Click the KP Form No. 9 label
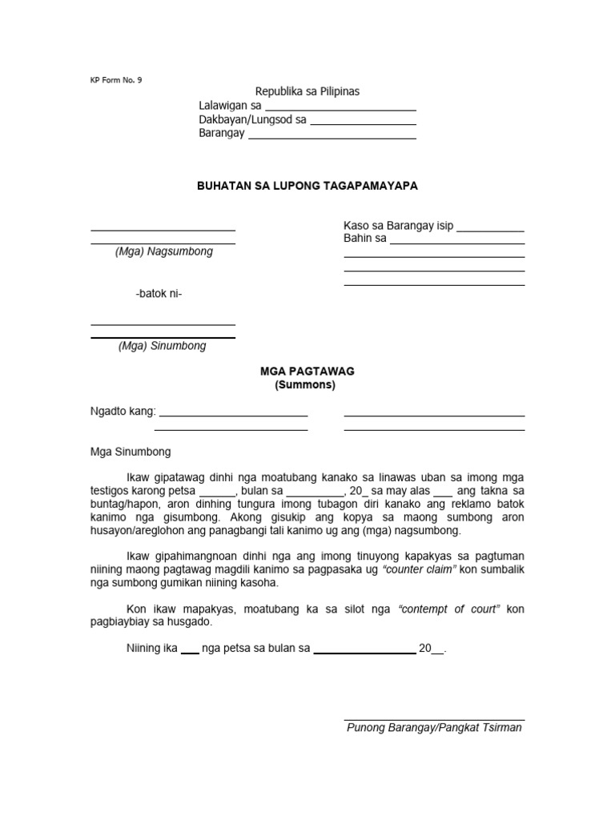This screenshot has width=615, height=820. [x=115, y=80]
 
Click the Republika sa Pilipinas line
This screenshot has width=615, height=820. [x=307, y=92]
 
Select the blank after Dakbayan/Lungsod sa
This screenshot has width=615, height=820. [x=363, y=124]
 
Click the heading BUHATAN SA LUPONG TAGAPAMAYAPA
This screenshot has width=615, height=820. [x=307, y=186]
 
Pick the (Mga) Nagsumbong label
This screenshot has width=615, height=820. [x=163, y=251]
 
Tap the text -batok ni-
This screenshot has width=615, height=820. [x=159, y=294]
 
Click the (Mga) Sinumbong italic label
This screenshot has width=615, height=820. [x=163, y=346]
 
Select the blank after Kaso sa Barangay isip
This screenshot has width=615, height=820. [x=490, y=231]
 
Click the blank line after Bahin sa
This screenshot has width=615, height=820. [x=457, y=243]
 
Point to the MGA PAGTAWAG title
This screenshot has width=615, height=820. [x=307, y=372]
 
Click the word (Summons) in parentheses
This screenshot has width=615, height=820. [x=307, y=384]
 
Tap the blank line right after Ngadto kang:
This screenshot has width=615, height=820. [x=233, y=416]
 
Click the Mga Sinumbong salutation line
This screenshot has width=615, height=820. [x=130, y=452]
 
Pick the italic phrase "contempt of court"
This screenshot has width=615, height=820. [x=449, y=609]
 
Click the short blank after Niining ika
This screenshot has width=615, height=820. [x=190, y=653]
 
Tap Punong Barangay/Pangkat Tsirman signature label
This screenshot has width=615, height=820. [x=434, y=728]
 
